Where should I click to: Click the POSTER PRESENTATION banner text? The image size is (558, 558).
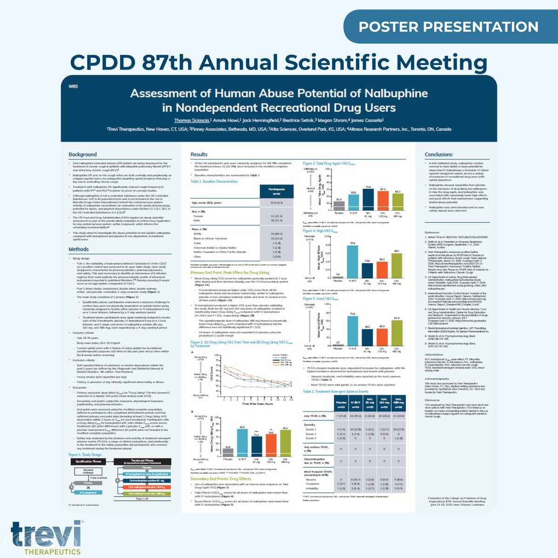(448, 27)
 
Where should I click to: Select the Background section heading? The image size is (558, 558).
(83, 154)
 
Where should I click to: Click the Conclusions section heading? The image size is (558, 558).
(438, 154)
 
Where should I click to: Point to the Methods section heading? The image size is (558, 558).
(79, 249)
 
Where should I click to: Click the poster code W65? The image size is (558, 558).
(72, 86)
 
